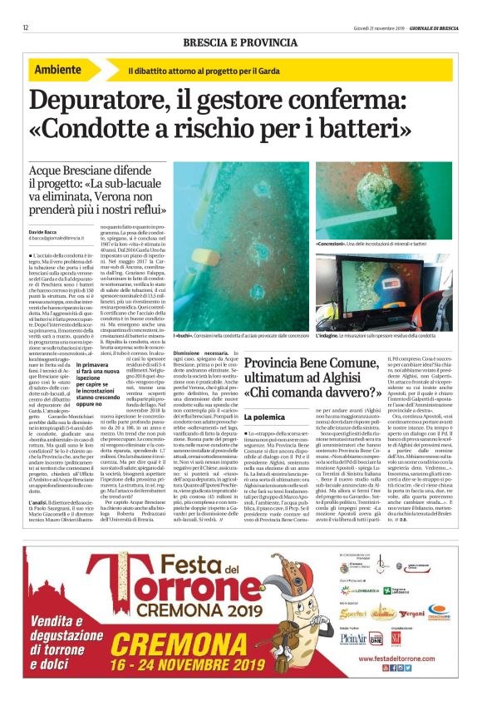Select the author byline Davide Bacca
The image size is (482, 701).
[47, 230]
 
